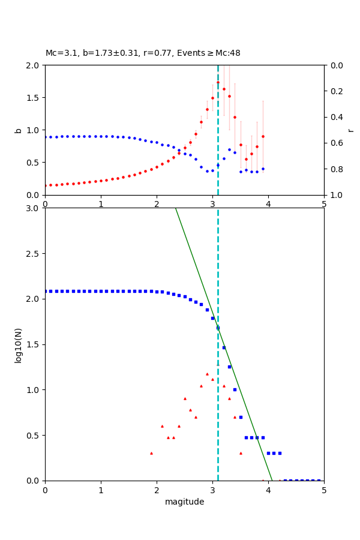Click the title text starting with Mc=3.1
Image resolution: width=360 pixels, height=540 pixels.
(x=143, y=53)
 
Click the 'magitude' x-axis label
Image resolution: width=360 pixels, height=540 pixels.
(x=184, y=502)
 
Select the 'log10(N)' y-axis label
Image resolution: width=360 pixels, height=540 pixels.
(x=18, y=344)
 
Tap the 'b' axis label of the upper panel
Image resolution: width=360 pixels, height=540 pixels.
(x=18, y=130)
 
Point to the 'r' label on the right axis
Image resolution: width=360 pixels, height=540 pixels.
(x=350, y=130)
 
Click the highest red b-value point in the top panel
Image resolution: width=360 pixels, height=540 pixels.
(x=218, y=82)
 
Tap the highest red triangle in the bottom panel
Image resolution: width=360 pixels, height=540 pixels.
(x=207, y=374)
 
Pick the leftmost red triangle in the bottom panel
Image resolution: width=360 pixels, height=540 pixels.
(x=151, y=453)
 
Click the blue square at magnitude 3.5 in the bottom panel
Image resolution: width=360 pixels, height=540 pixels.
(x=241, y=417)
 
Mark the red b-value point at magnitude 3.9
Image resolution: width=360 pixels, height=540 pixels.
(x=263, y=136)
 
